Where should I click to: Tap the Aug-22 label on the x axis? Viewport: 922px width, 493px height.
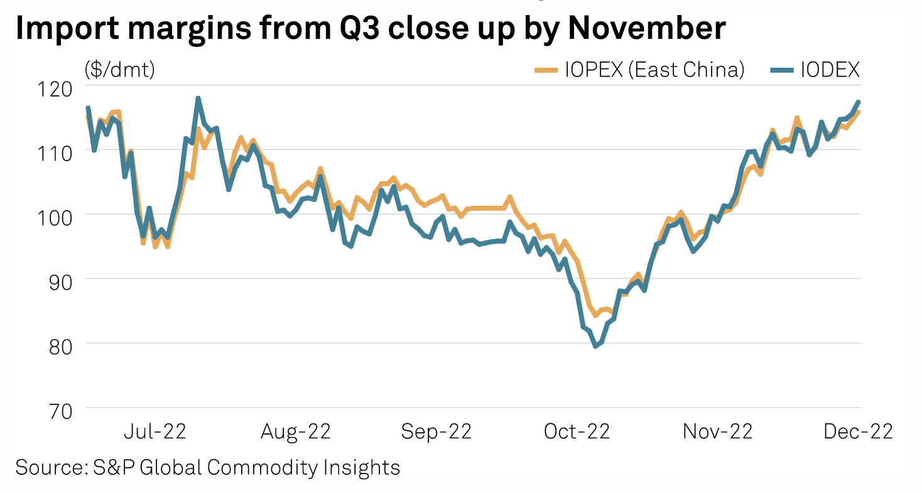tap(296, 432)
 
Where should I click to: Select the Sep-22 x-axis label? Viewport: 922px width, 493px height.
tap(436, 432)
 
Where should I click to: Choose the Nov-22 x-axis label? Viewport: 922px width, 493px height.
tap(717, 432)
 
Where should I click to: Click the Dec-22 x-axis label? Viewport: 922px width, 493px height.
tap(858, 432)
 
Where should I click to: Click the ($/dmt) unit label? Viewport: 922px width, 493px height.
tap(119, 70)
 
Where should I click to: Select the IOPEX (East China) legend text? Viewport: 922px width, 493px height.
tap(654, 70)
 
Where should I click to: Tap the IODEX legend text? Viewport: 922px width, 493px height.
tap(829, 70)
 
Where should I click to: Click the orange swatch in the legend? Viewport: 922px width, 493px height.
tap(546, 70)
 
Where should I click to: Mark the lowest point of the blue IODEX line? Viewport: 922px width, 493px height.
tap(595, 346)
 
